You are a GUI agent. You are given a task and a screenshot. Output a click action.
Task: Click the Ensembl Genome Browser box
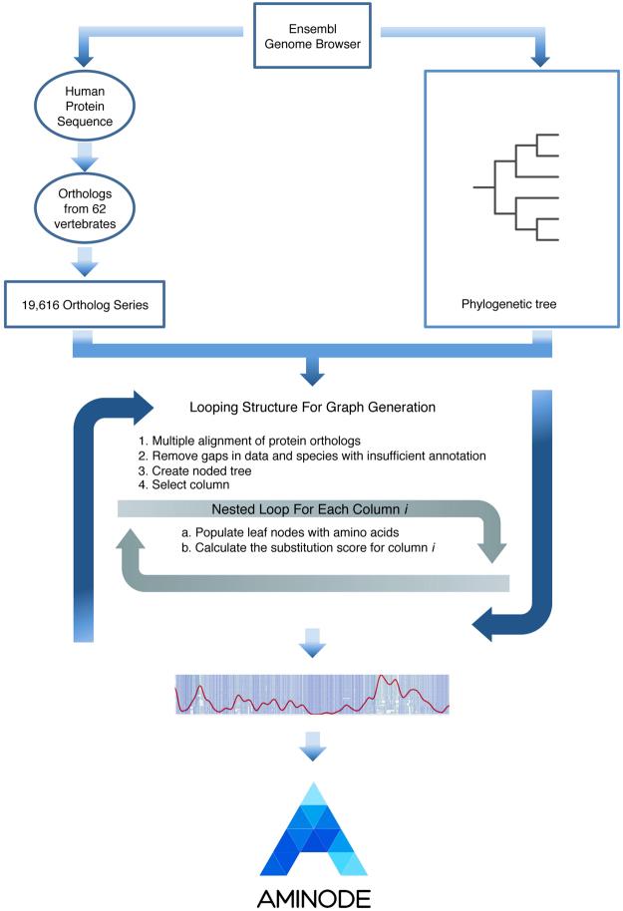(x=313, y=37)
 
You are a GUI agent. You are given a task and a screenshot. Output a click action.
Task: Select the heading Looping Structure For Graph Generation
(x=310, y=408)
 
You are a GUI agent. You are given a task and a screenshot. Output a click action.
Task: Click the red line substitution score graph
(x=312, y=696)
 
